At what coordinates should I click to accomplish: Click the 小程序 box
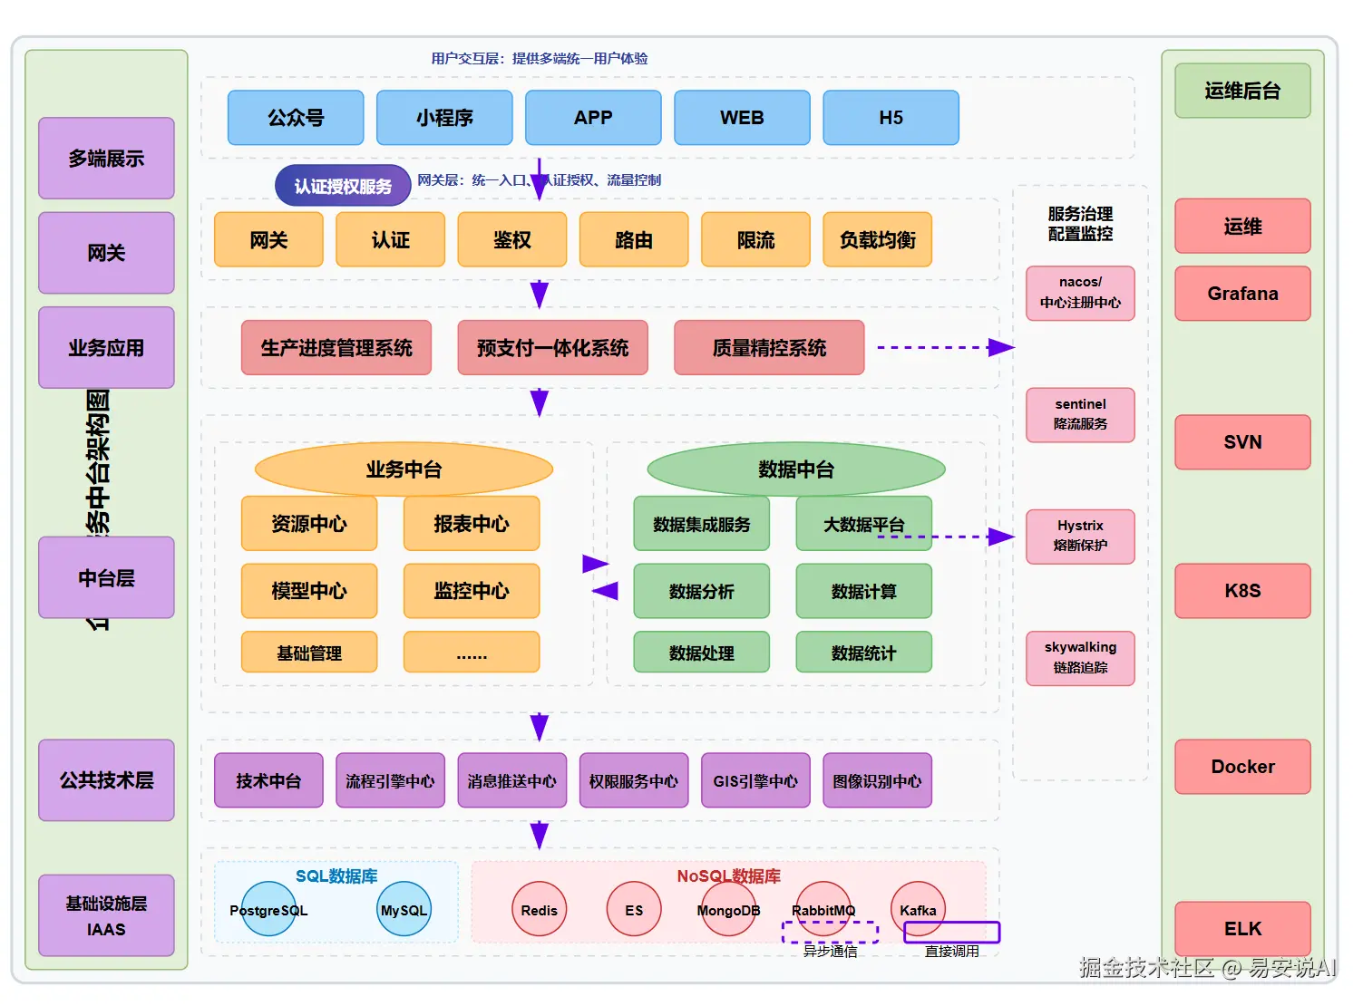point(444,118)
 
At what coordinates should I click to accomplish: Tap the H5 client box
point(891,118)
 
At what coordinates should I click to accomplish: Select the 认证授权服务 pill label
point(342,186)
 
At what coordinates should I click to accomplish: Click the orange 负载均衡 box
point(877,240)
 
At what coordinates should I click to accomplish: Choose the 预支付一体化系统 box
point(552,348)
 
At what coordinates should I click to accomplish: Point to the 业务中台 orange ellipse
point(404,469)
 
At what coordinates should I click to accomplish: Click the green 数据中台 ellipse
point(795,469)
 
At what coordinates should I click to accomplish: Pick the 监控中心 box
point(471,591)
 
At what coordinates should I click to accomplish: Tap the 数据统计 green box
point(863,653)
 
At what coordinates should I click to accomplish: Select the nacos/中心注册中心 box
point(1080,293)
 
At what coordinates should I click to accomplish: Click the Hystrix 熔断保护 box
point(1080,536)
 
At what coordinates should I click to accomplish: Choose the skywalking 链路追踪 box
point(1080,658)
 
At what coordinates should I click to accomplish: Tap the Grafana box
point(1242,294)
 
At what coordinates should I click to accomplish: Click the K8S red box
point(1242,591)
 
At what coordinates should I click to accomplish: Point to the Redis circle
point(539,910)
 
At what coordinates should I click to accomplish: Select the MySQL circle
point(404,910)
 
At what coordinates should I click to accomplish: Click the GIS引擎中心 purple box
point(755,780)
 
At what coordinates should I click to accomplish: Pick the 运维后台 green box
point(1242,91)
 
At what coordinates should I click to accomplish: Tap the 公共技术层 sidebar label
point(106,780)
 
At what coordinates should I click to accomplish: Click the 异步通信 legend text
point(830,952)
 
